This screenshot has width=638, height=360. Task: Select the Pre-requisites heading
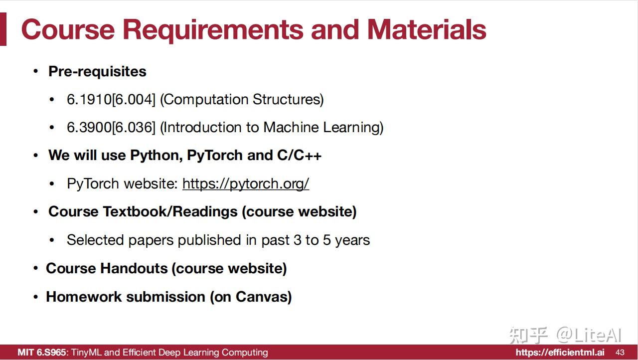tap(97, 71)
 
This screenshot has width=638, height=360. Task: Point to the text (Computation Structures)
tap(242, 99)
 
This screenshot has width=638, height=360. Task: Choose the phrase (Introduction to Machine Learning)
tap(272, 127)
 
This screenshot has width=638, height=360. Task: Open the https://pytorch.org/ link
tap(246, 183)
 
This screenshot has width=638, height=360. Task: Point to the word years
tap(352, 240)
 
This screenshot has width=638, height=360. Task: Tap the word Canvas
tap(263, 297)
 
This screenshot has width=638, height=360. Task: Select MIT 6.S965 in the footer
tap(41, 353)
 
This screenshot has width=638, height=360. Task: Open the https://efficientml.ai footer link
tap(560, 353)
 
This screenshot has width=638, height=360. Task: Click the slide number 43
tap(620, 353)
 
